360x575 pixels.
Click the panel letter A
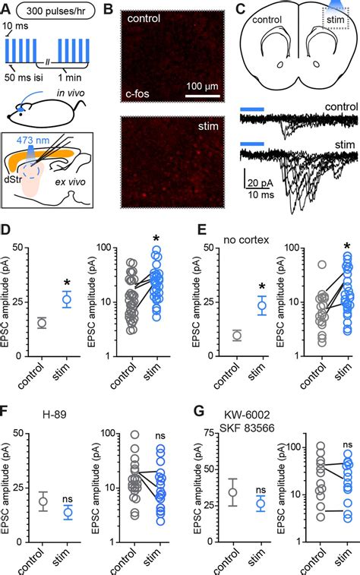coord(7,9)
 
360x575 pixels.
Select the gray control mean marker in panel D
coord(42,323)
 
